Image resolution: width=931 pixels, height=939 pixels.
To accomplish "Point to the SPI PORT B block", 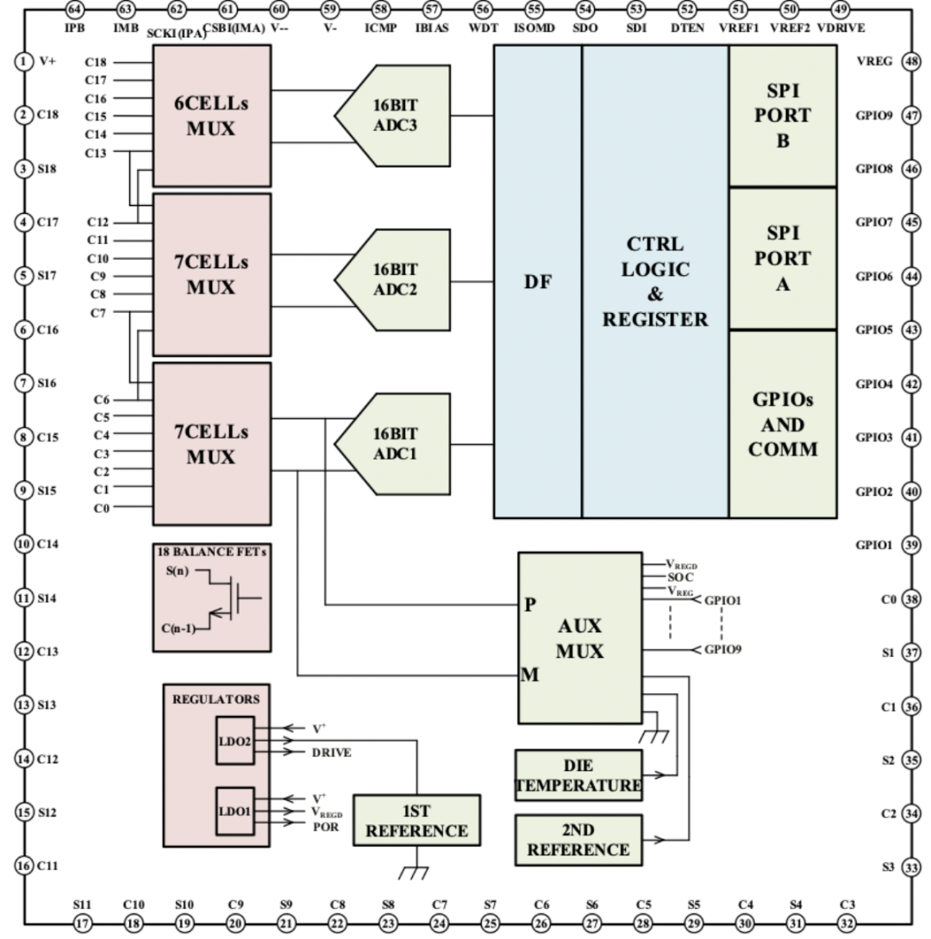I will click(783, 116).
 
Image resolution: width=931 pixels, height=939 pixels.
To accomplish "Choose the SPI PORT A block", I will click(783, 258).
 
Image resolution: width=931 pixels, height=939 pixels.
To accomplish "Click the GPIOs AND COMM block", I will click(783, 424).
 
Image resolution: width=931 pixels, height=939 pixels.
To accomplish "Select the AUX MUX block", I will click(579, 638).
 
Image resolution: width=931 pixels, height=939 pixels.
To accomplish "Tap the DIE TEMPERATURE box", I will click(578, 775).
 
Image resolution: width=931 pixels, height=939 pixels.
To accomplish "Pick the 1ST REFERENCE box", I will click(416, 820).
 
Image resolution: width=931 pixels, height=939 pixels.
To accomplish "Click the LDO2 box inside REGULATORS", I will click(234, 740).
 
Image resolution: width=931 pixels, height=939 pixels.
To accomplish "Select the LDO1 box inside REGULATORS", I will click(234, 811).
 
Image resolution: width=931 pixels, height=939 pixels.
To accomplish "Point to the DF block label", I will click(538, 282).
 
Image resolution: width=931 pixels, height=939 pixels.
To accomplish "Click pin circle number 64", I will click(75, 9).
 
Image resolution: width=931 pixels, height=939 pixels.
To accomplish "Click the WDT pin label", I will click(483, 28).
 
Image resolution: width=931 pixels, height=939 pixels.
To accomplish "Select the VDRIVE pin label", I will click(840, 28).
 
